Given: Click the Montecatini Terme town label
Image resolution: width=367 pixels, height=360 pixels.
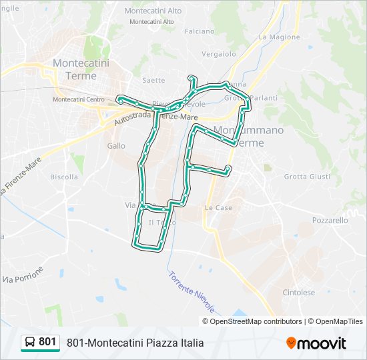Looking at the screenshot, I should pos(81,69).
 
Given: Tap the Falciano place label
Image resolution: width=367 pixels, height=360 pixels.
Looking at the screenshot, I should pos(200,31).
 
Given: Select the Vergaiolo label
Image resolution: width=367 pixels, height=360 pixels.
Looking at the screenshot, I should pos(219,53).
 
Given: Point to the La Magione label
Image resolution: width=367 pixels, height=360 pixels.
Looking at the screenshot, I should pos(276,37).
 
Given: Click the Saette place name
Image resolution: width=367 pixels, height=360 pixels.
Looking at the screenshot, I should pos(153,80).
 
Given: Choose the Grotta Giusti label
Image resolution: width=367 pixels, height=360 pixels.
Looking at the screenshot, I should pos(307,177).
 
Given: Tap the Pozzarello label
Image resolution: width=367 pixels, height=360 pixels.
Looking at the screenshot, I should pos(330,220).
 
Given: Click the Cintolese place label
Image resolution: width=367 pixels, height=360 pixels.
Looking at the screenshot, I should pos(298,292).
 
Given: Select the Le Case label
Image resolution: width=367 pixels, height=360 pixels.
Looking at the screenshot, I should pos(218,208).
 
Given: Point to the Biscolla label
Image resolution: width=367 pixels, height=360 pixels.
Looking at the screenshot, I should pos(64,177).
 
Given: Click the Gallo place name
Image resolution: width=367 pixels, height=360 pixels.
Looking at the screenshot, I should pos(115,145).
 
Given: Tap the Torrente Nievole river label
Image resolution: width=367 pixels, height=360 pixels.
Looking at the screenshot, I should pos(192,292).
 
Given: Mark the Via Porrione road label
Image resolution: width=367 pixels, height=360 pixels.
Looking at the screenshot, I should pos(23,274).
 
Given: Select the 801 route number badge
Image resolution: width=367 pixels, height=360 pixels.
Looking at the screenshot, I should pos(47,342).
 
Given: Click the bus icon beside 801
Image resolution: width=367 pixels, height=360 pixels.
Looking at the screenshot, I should pos(31,343).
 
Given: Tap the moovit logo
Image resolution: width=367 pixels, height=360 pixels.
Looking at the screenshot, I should pos(316,343).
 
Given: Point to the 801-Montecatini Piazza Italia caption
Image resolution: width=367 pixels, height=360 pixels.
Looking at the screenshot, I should pos(135,343).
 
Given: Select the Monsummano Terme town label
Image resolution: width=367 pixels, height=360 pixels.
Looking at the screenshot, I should pos(248,136).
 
